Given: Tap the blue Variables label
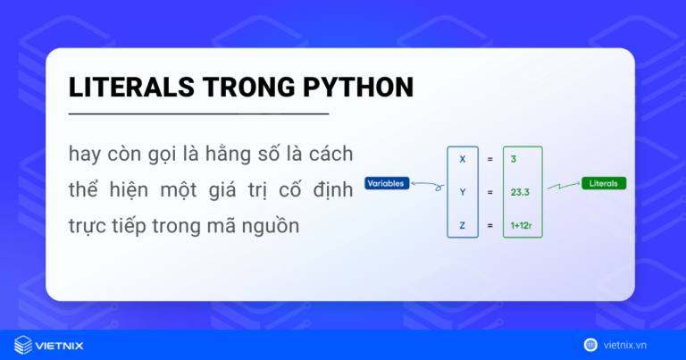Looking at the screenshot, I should pos(387,184).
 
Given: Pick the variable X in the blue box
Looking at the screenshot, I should pos(462,159).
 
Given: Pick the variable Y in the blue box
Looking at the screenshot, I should pos(462,191).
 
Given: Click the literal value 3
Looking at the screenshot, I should pos(514,159).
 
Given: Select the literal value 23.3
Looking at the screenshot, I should pos(520,191).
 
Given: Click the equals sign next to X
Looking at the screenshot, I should pos(489,159).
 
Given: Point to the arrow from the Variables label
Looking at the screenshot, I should pos(428,187).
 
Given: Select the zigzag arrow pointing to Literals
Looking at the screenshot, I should pos(563,186).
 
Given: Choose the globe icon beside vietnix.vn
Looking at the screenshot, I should pos(590,344).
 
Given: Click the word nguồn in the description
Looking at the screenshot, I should pos(272,227).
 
